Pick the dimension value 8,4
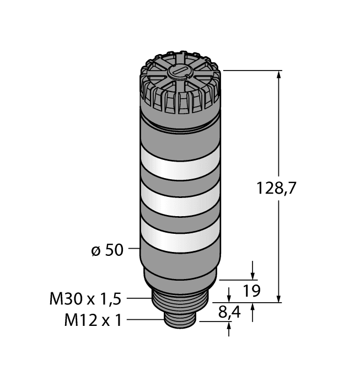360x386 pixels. coord(230,313)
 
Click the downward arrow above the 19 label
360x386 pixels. coord(252,274)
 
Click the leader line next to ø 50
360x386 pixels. coord(133,250)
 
